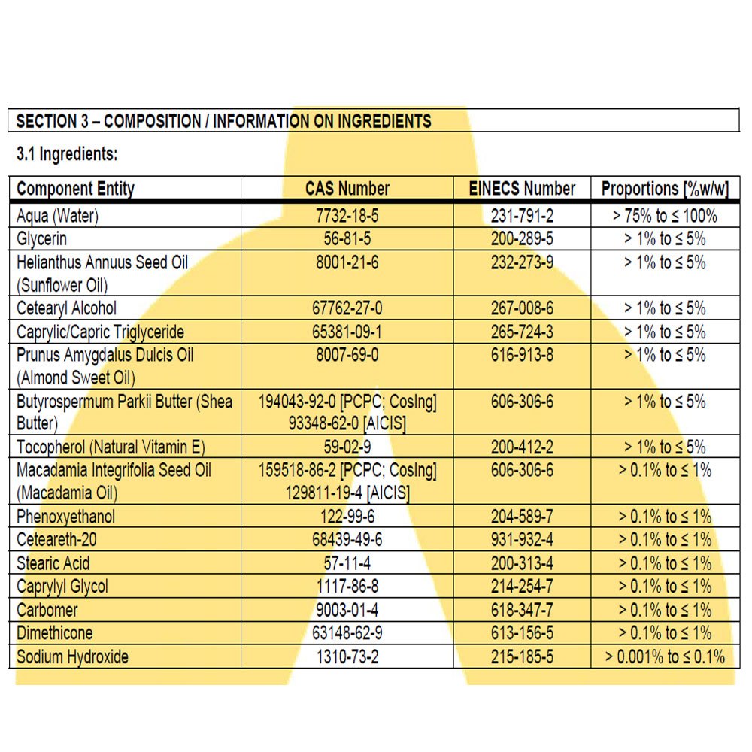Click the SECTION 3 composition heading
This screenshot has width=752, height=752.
click(x=224, y=121)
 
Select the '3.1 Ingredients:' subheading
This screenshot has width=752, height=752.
click(x=67, y=155)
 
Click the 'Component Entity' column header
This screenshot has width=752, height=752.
click(x=75, y=189)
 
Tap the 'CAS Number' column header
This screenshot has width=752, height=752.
click(x=347, y=189)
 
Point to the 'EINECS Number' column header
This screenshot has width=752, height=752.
click(x=522, y=189)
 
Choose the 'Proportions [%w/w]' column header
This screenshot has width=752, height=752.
click(x=665, y=189)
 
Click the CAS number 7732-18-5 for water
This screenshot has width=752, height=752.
click(x=347, y=216)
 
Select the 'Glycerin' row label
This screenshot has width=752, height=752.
click(x=41, y=239)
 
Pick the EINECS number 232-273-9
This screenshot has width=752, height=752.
click(x=522, y=262)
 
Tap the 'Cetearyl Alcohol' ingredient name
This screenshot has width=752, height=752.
click(x=66, y=308)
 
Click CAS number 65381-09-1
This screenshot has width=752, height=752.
click(x=347, y=332)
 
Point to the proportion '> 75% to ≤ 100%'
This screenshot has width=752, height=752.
click(x=665, y=216)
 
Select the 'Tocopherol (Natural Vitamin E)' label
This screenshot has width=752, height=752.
click(x=111, y=447)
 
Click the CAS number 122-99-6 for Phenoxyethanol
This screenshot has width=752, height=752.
click(x=347, y=517)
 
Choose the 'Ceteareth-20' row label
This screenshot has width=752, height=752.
click(x=57, y=541)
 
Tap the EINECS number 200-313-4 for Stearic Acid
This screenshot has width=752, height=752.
click(x=522, y=564)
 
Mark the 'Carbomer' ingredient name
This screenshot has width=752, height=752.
click(x=47, y=610)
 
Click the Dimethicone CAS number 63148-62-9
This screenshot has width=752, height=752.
click(x=347, y=633)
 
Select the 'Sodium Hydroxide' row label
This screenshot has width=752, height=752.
click(x=72, y=656)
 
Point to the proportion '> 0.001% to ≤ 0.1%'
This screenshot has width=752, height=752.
click(x=665, y=656)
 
